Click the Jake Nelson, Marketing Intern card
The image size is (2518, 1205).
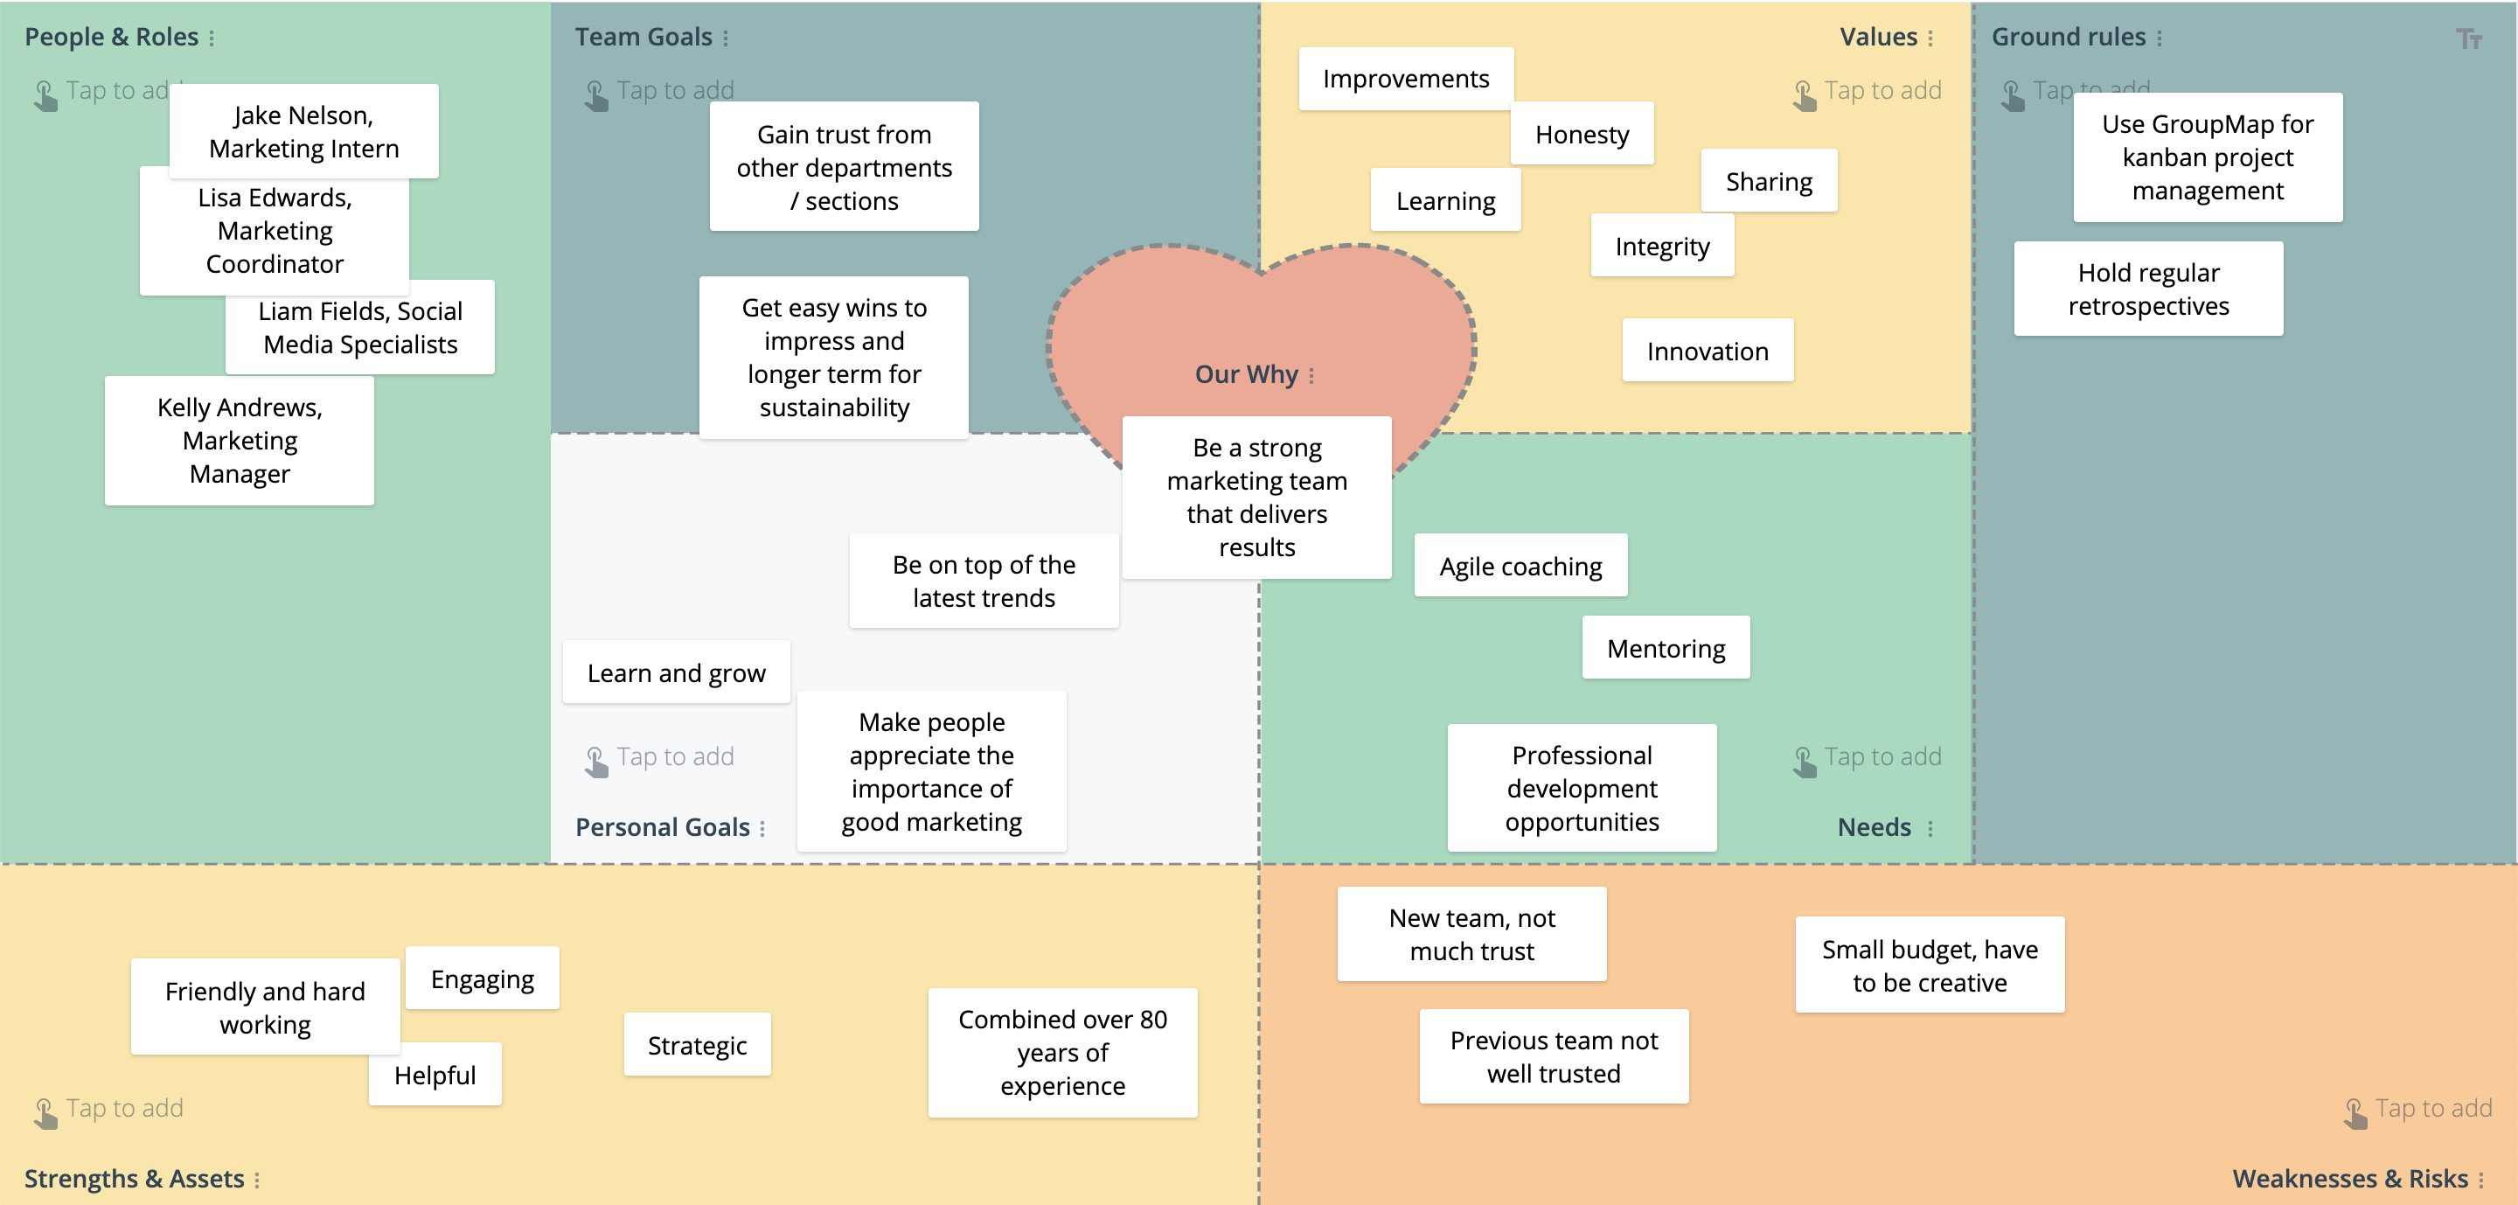pos(303,132)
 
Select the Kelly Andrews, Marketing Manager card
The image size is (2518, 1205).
pos(240,441)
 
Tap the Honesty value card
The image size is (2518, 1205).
pos(1581,134)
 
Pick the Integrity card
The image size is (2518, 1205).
pos(1662,247)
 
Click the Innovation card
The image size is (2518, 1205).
pos(1707,351)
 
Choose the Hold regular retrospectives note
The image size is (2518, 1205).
pos(2147,289)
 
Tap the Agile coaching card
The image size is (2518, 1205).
pos(1520,566)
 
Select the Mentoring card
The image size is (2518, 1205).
pos(1666,648)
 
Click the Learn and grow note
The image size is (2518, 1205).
pos(676,672)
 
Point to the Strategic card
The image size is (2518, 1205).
pos(697,1045)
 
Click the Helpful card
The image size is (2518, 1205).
pos(435,1075)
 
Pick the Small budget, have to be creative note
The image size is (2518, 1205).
pos(1929,965)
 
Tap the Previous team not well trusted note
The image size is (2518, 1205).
pos(1554,1056)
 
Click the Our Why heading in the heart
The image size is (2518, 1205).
pos(1245,374)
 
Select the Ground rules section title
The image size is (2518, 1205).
pos(2068,37)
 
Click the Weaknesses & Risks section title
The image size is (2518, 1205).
pos(2349,1179)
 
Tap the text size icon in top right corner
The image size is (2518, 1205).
pos(2468,39)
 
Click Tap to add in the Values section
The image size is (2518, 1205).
pos(1881,91)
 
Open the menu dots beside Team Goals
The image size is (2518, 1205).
pos(726,38)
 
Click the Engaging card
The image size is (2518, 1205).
pos(482,979)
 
